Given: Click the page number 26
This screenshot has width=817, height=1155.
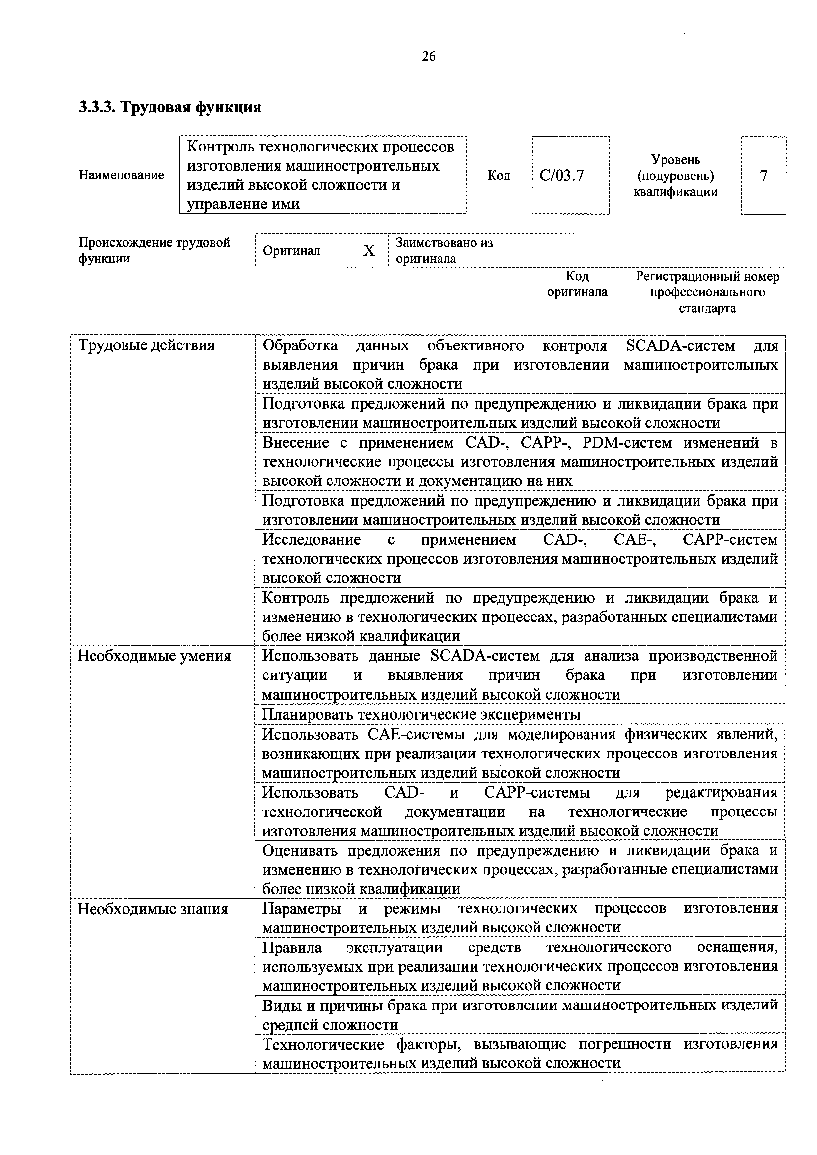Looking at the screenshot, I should (429, 56).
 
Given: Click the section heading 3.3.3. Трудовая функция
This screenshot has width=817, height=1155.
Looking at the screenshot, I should (170, 107).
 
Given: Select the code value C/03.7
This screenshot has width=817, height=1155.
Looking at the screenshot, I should (561, 176).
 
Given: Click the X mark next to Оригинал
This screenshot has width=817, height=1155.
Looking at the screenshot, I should (369, 251).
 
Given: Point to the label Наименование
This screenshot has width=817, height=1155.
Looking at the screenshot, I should (121, 175).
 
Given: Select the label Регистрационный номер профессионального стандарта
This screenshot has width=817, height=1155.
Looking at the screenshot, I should (707, 292).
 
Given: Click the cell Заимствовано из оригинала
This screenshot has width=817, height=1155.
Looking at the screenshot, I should (444, 251).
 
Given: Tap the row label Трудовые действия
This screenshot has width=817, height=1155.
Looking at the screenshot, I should (146, 345).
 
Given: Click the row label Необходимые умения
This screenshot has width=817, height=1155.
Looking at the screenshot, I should (154, 656).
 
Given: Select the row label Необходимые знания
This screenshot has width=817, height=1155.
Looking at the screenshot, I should (153, 909).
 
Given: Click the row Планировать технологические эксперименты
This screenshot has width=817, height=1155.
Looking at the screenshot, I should (422, 714).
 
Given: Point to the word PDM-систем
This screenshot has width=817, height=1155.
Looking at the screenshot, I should (627, 443).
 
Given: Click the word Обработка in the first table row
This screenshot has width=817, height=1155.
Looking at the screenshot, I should (300, 345).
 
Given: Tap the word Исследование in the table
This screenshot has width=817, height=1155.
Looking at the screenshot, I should (312, 540).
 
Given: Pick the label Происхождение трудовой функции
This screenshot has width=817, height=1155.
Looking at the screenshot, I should (154, 251).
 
